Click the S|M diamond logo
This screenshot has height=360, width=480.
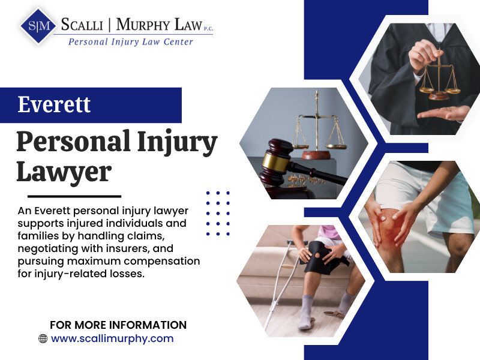tap(38, 26)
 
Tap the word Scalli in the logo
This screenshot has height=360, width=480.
tap(82, 25)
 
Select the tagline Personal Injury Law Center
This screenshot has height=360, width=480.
tap(130, 42)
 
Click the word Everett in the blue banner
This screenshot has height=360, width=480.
tap(54, 104)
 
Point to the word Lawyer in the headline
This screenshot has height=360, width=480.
tap(64, 172)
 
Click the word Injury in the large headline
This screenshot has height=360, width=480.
tap(177, 142)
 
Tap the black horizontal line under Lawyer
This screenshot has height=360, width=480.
tap(74, 196)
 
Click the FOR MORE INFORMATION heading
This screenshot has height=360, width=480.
tap(118, 325)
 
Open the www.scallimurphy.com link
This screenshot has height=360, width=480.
tap(112, 338)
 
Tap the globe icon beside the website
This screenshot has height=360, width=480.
tap(43, 338)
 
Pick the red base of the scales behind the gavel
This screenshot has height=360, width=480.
tap(316, 155)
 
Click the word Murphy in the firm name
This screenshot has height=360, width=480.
tap(143, 25)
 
